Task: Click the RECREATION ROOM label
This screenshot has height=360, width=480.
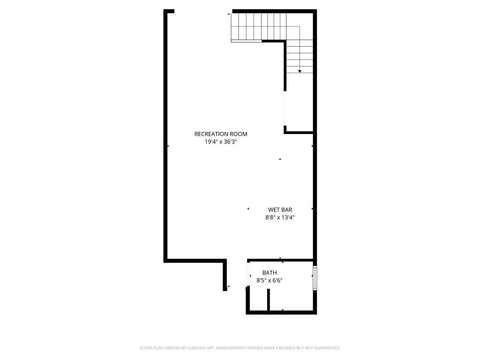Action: coord(221,134)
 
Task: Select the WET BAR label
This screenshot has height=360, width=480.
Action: coord(280,210)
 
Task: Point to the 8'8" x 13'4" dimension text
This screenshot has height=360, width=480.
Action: coord(280,217)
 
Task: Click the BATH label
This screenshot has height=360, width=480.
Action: coord(270,273)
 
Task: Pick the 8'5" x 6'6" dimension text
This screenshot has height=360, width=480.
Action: coord(270,280)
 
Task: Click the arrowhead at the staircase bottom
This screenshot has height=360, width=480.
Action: coord(300,71)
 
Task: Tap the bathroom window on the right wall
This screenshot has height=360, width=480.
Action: coord(315,278)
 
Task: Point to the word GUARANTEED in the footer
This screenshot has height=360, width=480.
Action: coord(324,348)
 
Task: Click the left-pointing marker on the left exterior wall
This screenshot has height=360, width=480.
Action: coord(168,146)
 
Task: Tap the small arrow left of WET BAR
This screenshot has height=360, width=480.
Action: coord(248,209)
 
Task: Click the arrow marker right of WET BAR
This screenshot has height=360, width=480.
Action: coord(312,209)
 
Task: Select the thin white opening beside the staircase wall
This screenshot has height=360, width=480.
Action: coord(285,108)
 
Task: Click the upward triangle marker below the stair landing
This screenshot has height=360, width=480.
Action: coord(280,159)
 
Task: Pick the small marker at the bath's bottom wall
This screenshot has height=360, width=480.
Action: coord(283,310)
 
